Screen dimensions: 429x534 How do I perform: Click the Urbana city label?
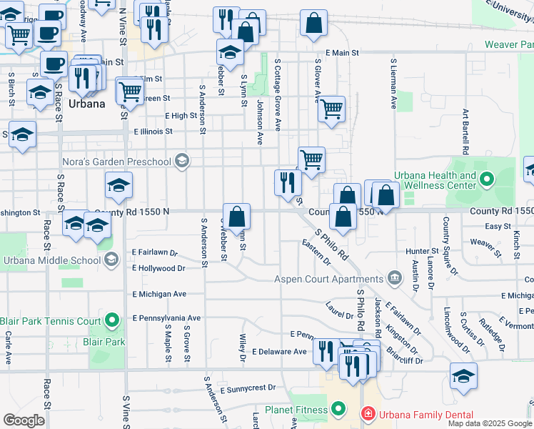tap(87, 103)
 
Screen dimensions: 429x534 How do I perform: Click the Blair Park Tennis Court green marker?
tap(111, 321)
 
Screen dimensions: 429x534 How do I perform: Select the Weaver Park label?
tap(509, 44)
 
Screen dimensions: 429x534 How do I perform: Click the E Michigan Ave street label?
tap(159, 294)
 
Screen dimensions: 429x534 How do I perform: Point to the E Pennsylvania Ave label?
tap(166, 317)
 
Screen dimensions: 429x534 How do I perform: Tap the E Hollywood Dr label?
tap(158, 269)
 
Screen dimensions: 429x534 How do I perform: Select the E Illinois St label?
tap(153, 132)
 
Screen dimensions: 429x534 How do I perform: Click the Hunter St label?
tap(421, 251)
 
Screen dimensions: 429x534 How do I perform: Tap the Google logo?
tap(24, 420)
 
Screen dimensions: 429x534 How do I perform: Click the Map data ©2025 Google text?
tap(489, 423)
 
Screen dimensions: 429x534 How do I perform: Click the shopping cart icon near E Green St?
tap(129, 91)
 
